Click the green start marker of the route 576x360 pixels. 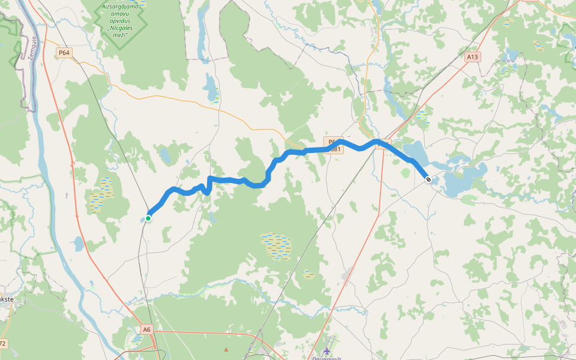tap(148, 218)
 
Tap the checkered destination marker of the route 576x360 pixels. tap(428, 179)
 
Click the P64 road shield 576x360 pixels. tap(64, 53)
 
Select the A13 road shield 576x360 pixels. tap(473, 57)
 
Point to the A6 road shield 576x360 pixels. tap(148, 329)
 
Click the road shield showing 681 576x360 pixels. tap(335, 149)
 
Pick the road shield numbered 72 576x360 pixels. tap(2, 344)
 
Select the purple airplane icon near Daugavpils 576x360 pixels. tap(326, 350)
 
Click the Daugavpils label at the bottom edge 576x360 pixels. tap(326, 358)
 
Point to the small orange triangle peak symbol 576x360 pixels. tap(226, 349)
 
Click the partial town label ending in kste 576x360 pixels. tap(6, 298)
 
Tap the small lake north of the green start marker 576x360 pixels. tap(164, 157)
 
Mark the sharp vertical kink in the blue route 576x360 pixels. tap(208, 186)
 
